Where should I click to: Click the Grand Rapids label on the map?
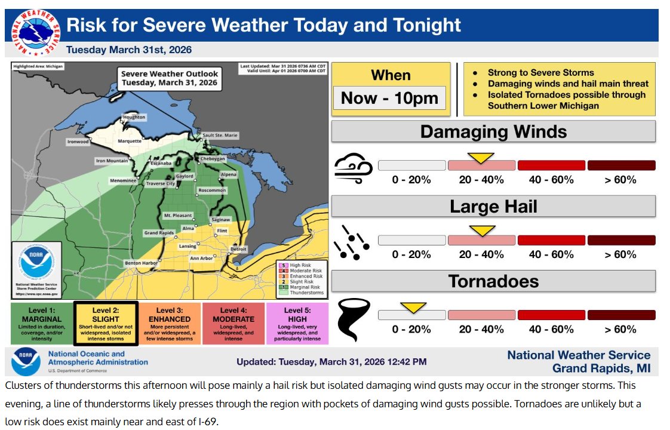(x=158, y=232)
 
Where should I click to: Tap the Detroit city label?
(x=238, y=248)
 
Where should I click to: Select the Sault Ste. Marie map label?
(x=219, y=136)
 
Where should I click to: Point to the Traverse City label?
(x=161, y=184)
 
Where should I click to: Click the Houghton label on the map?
(x=134, y=118)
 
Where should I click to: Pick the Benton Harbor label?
(x=142, y=263)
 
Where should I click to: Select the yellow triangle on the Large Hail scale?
(x=482, y=231)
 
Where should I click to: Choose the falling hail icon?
(x=354, y=242)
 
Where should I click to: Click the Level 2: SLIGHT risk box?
(x=106, y=323)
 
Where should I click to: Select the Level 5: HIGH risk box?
(x=297, y=323)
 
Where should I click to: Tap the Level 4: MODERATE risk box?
(x=233, y=323)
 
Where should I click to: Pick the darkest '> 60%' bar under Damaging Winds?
(x=621, y=165)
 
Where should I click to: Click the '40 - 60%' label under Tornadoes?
(x=551, y=329)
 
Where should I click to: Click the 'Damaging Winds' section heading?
(x=493, y=131)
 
